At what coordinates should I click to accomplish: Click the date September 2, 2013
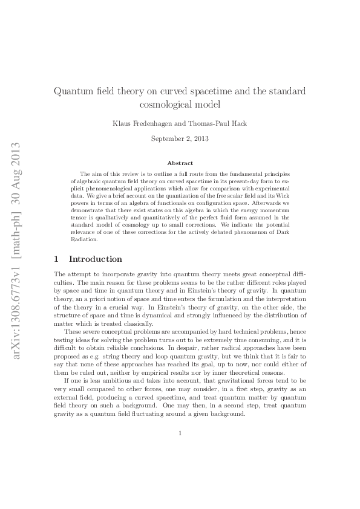[x=180, y=138]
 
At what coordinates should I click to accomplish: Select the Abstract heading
[x=180, y=163]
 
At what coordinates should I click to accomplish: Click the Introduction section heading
[x=96, y=259]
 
